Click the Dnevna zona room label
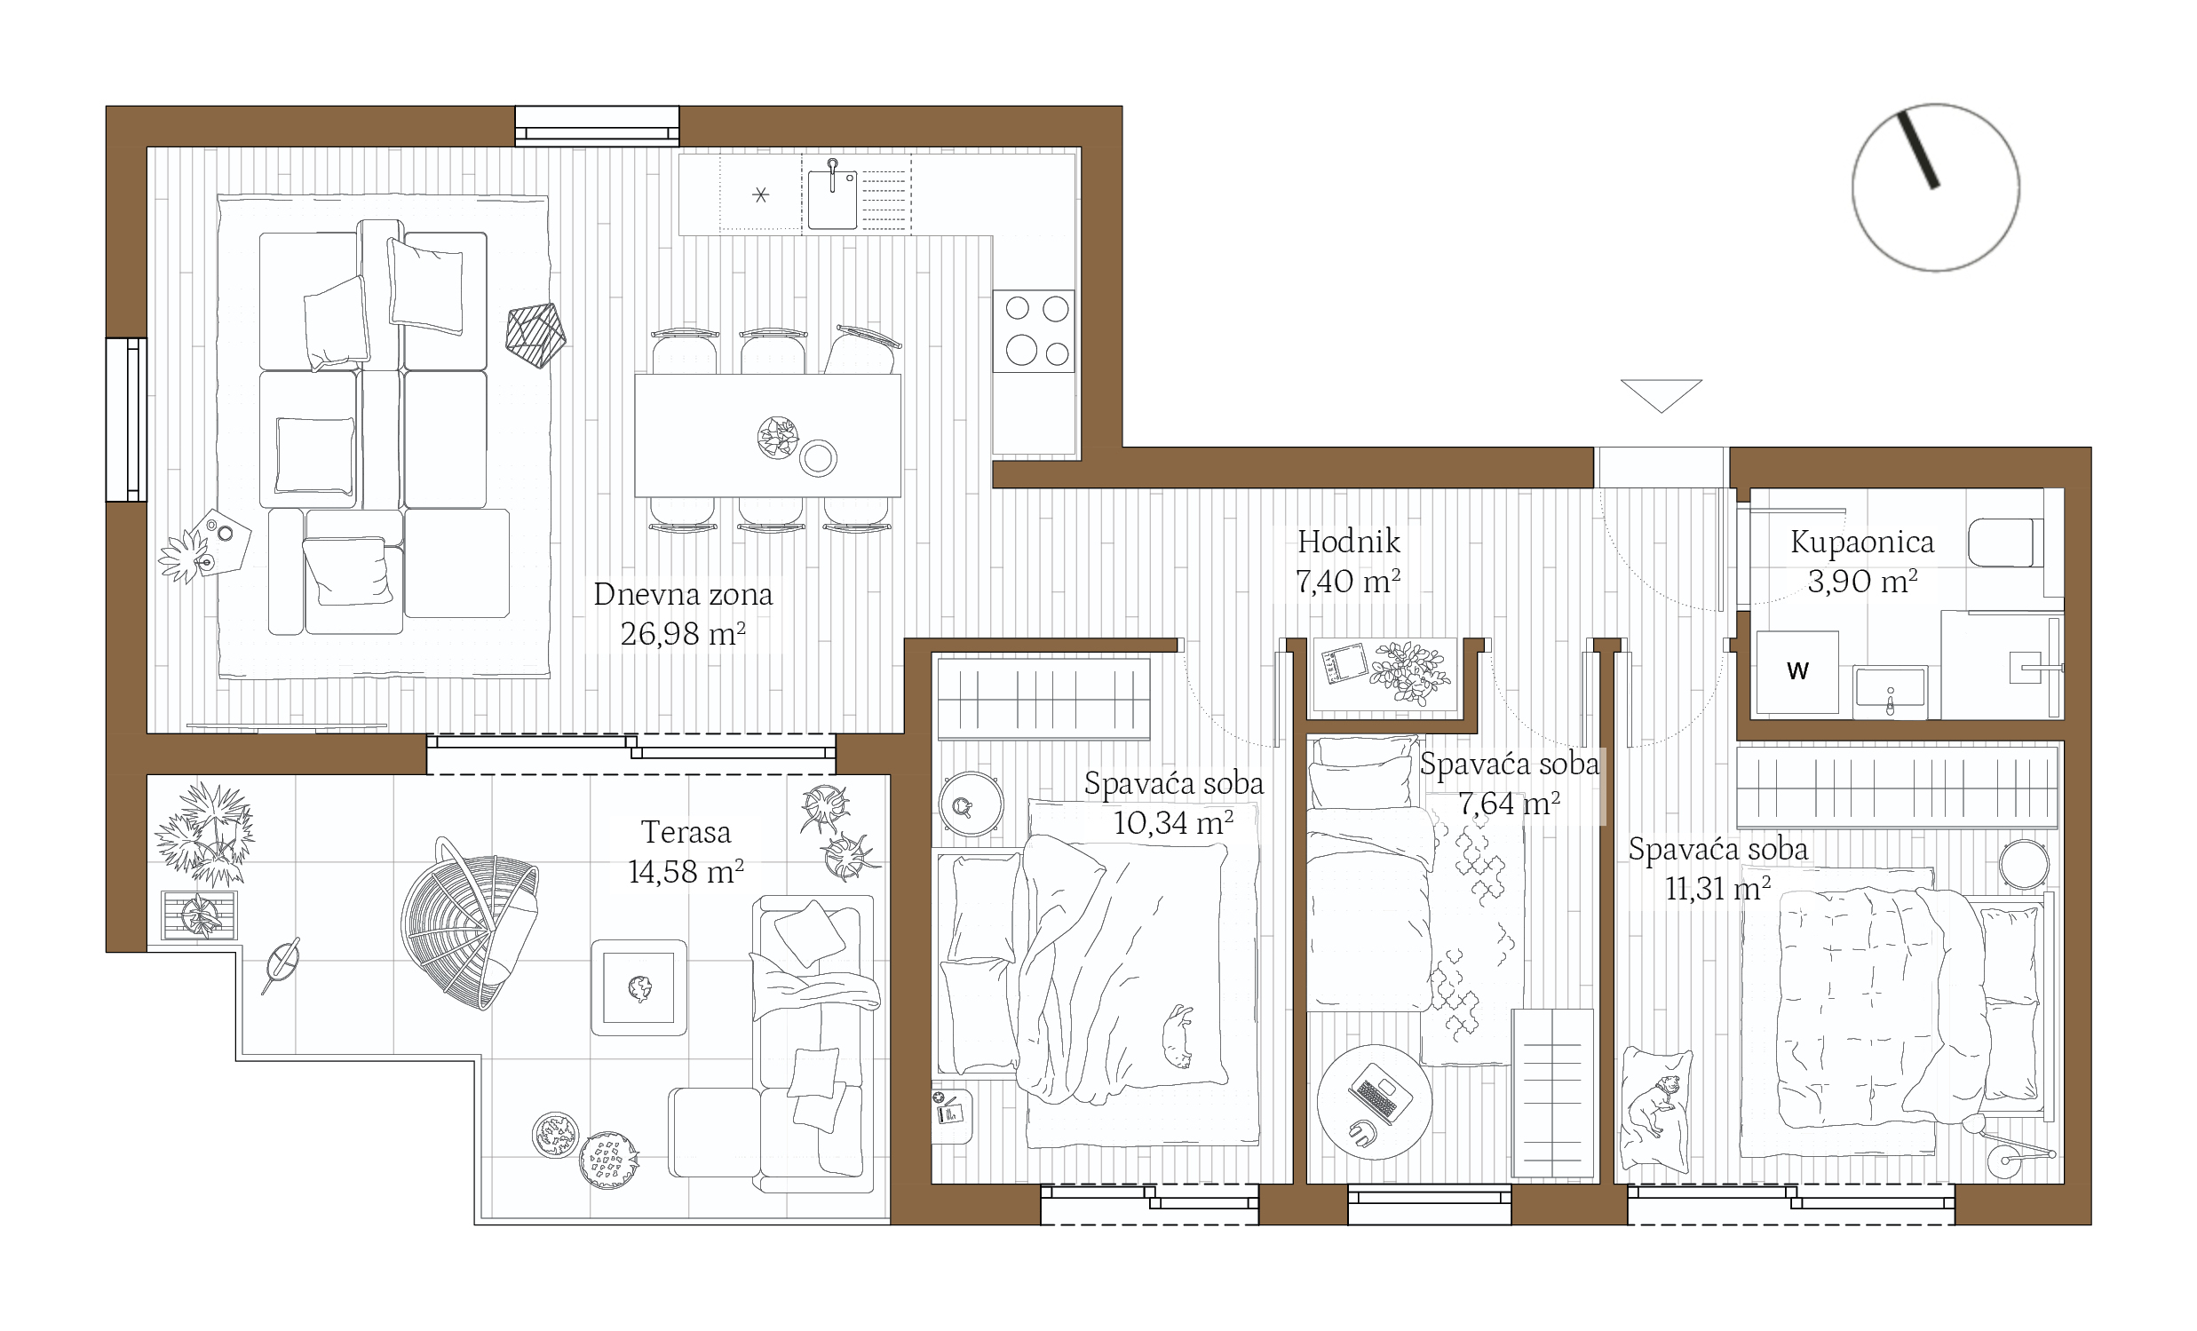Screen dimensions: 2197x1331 pos(683,595)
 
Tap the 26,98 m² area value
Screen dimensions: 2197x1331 pos(683,634)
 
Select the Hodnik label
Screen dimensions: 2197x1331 pos(1348,541)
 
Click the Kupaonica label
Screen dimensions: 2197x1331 pos(1862,542)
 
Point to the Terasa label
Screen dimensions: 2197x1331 pos(686,833)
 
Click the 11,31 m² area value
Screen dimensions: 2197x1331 pos(1718,889)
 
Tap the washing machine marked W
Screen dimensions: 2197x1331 pos(1797,671)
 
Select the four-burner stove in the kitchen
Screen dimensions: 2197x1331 pos(1034,330)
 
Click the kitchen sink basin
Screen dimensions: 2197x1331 pos(832,200)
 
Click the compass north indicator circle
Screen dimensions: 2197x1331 pos(1936,187)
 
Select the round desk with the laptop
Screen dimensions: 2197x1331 pos(1374,1102)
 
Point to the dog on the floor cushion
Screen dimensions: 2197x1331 pos(1656,1106)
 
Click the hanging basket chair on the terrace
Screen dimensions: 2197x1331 pos(470,923)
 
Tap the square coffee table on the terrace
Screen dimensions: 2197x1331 pos(638,987)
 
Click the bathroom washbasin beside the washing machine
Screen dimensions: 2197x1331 pos(1890,691)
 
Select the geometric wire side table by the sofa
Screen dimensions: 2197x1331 pos(535,336)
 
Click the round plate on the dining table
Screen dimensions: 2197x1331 pos(818,459)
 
